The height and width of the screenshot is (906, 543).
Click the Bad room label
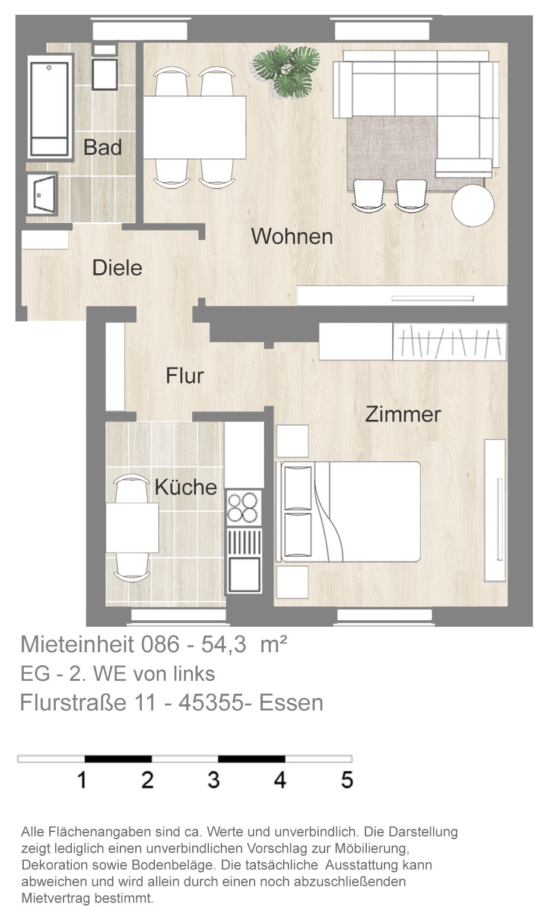(x=103, y=147)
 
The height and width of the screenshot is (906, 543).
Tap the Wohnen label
(x=292, y=236)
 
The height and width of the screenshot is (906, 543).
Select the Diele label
(x=117, y=268)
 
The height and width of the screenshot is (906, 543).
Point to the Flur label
(x=185, y=376)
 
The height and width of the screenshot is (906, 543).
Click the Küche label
(x=186, y=487)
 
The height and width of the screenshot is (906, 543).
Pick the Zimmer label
(x=403, y=414)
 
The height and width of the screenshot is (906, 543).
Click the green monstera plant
(x=286, y=71)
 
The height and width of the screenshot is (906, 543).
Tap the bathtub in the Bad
(x=49, y=109)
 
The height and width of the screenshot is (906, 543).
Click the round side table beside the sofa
(x=472, y=205)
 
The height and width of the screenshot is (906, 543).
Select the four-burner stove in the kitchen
(x=243, y=508)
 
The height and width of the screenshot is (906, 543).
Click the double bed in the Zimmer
(x=348, y=512)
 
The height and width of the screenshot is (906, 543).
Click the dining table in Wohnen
(x=195, y=127)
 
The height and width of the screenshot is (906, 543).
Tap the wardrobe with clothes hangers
(x=449, y=342)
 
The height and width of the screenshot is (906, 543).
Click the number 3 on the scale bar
(x=214, y=779)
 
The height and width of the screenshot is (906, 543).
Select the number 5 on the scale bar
(x=347, y=779)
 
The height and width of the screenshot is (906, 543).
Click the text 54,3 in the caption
(x=224, y=645)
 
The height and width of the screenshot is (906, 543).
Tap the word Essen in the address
(x=291, y=703)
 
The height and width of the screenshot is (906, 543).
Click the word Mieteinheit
(x=77, y=645)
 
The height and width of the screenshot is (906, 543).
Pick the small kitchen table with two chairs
(x=132, y=528)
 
